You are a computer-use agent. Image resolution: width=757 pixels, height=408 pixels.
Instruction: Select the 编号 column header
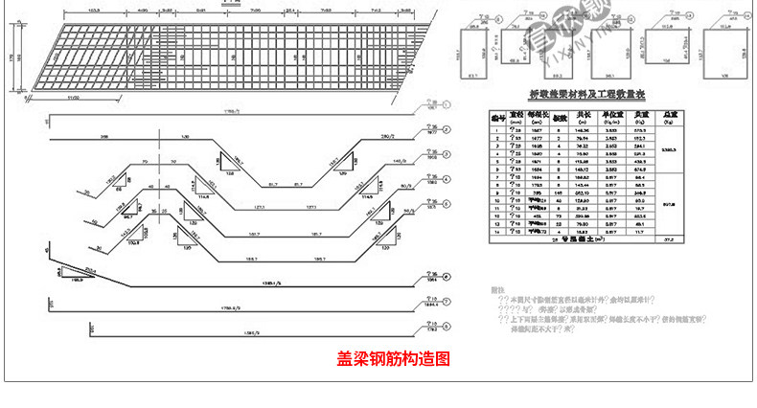496,117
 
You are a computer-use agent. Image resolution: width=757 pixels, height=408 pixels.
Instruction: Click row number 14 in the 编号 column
496,231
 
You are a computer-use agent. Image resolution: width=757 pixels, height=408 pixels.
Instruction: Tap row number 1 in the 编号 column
496,130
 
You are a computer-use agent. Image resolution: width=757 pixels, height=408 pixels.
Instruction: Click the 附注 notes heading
496,289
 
